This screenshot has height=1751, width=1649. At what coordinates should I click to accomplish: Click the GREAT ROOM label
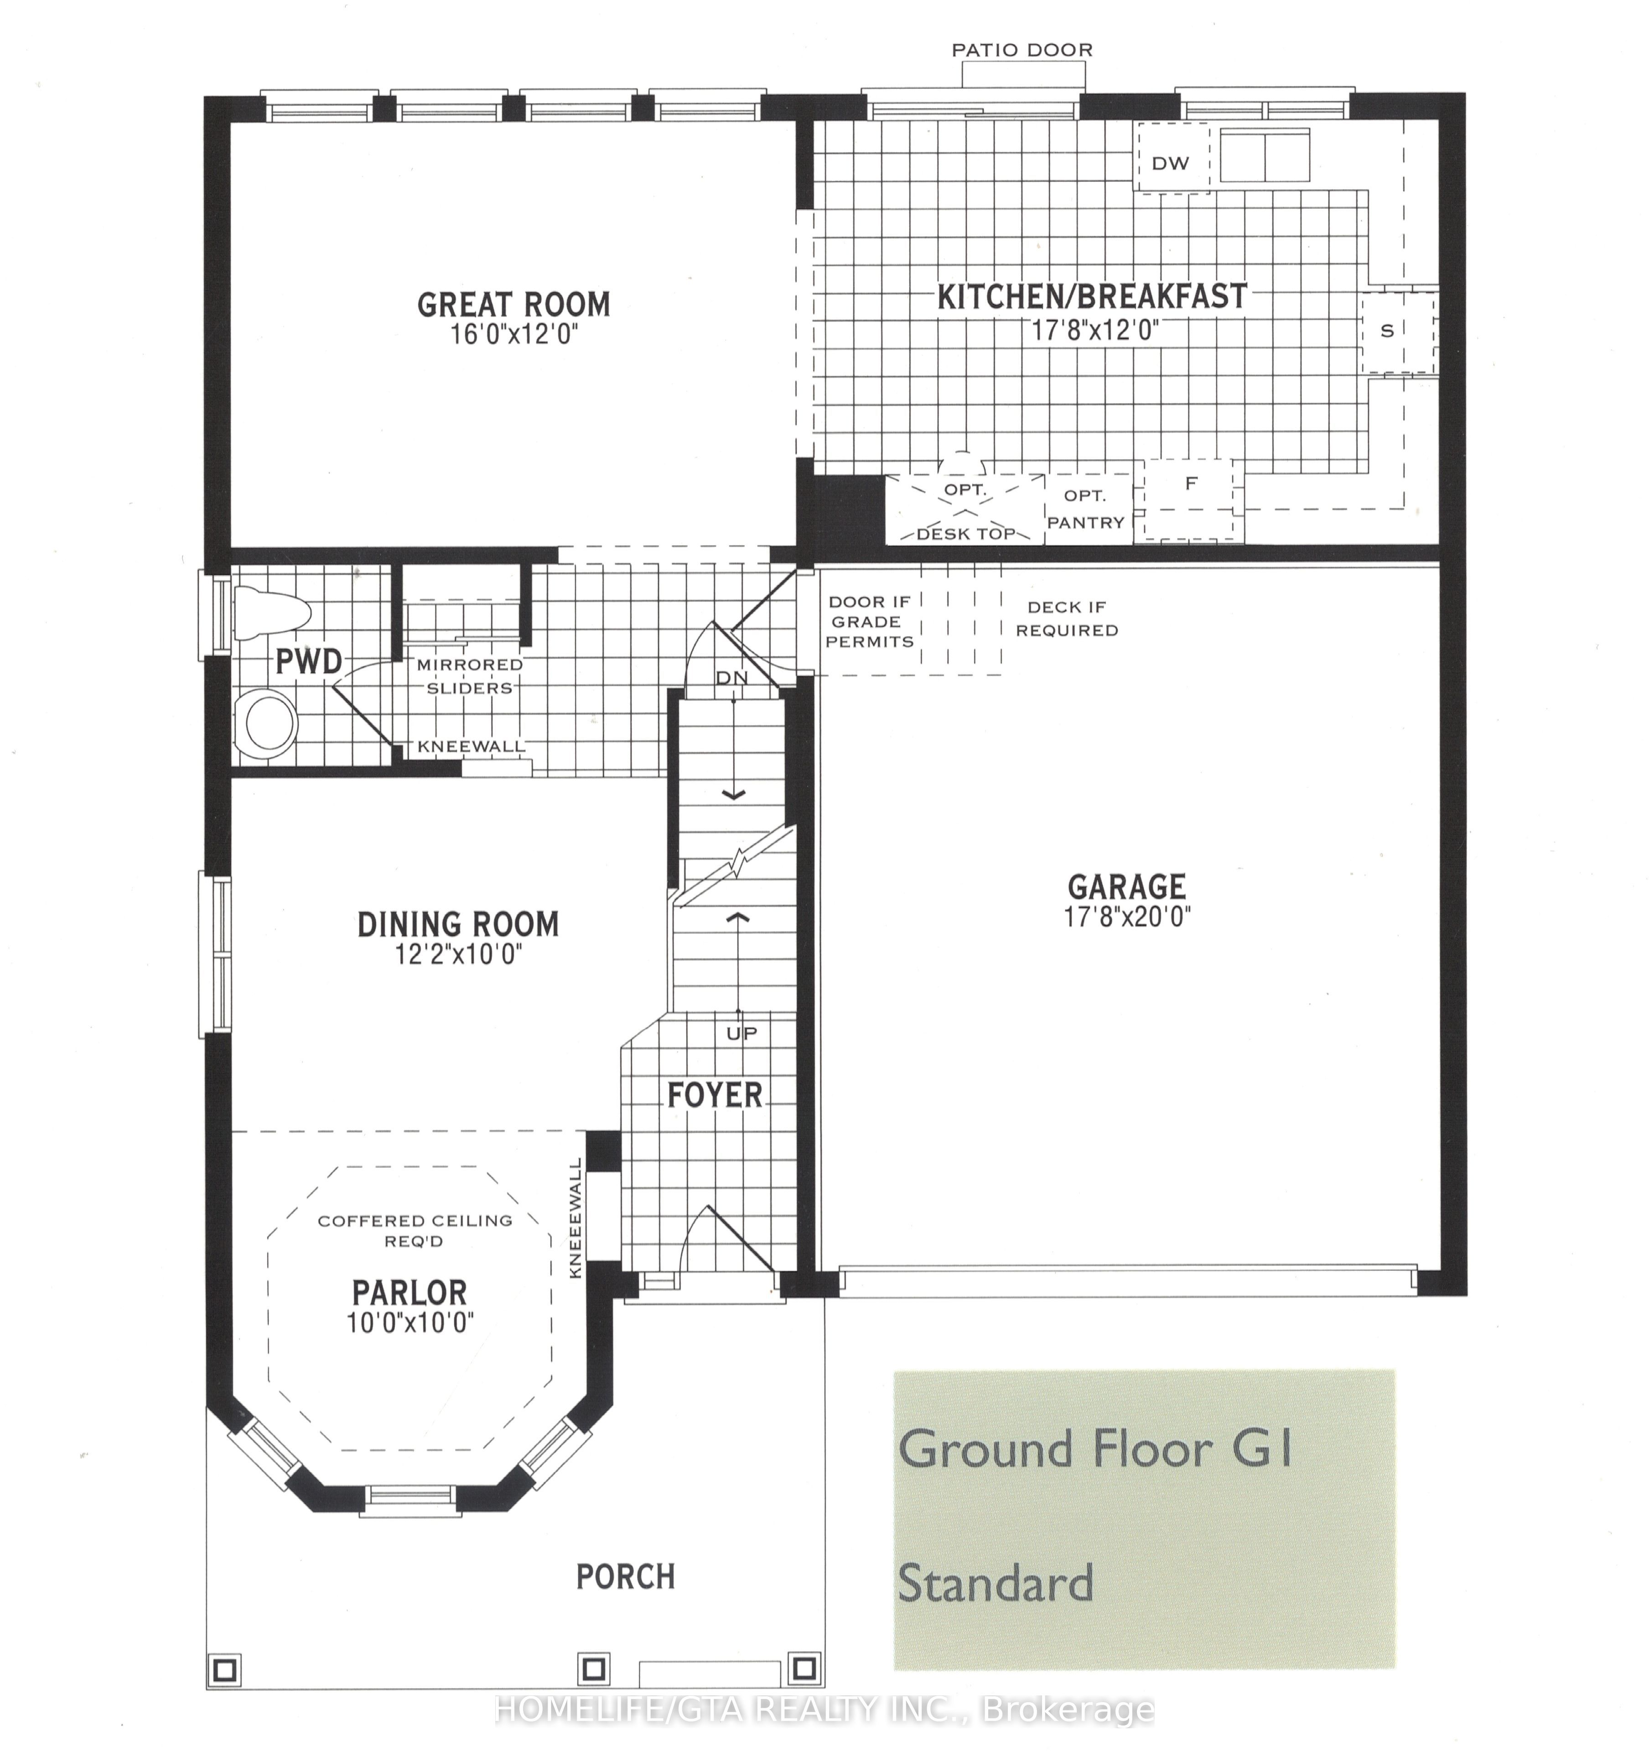[513, 305]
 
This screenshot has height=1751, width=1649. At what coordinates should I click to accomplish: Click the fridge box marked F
[1192, 499]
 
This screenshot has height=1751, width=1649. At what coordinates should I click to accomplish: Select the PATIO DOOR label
[1022, 50]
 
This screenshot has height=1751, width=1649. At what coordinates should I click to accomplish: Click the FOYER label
[715, 1095]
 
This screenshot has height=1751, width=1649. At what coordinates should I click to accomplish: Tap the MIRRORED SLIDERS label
[470, 676]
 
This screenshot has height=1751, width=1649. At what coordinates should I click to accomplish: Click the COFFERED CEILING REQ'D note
[415, 1230]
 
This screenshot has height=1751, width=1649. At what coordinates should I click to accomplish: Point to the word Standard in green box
[996, 1583]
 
